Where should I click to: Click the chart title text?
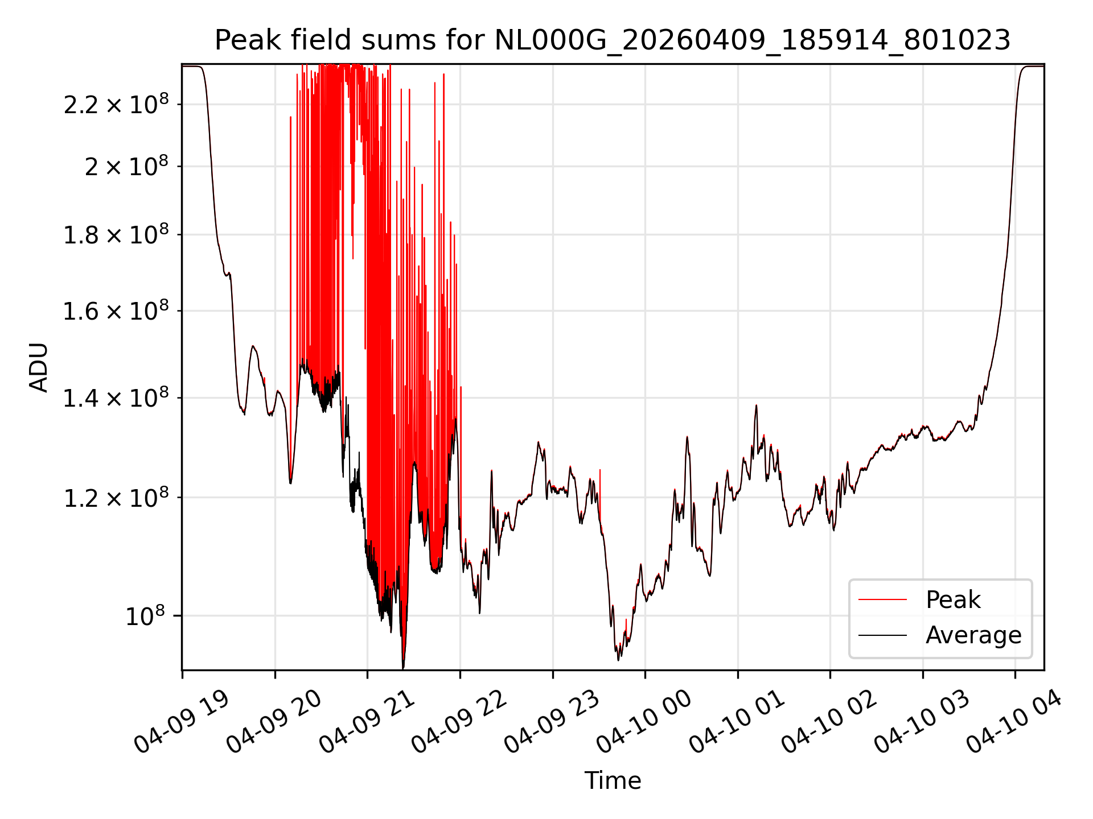(x=613, y=40)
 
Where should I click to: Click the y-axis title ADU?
(x=39, y=367)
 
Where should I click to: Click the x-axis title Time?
(x=613, y=780)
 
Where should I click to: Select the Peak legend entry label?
(x=953, y=599)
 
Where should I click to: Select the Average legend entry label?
(x=973, y=635)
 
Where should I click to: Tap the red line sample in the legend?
(x=882, y=599)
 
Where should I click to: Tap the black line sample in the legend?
(x=882, y=635)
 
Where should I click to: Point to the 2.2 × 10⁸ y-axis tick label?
(x=116, y=104)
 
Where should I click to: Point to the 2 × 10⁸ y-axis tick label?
(x=126, y=166)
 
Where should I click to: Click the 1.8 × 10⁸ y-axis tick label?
(x=116, y=234)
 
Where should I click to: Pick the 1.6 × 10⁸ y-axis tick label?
(x=116, y=311)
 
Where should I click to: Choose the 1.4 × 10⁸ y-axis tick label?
(x=116, y=398)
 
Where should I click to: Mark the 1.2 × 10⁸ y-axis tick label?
(x=116, y=498)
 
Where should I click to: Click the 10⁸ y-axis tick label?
(x=145, y=615)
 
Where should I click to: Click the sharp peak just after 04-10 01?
(x=756, y=406)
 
